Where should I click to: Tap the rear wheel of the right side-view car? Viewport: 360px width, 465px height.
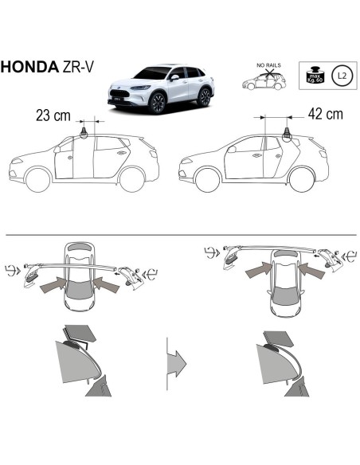tap(303, 178)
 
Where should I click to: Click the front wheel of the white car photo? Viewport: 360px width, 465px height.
tap(158, 104)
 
